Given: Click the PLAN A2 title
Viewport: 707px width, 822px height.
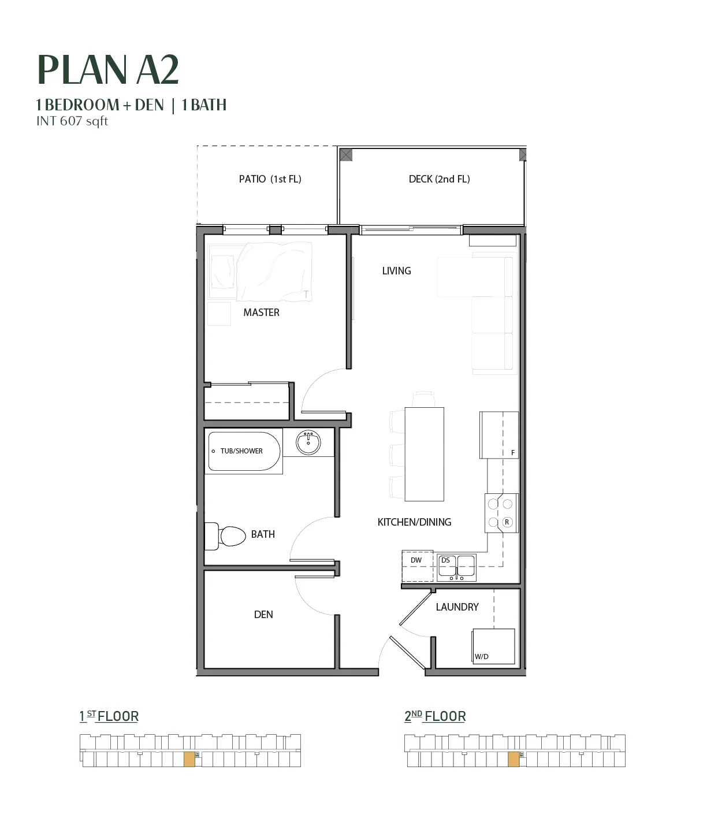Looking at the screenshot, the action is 108,70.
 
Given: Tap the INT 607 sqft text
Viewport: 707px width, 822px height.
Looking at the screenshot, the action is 72,121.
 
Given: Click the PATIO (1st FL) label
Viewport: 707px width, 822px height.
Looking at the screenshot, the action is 270,179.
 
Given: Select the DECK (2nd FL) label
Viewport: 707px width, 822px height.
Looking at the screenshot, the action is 440,179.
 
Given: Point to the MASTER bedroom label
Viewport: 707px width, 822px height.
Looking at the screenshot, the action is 261,313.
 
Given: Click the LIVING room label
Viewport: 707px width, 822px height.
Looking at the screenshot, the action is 396,271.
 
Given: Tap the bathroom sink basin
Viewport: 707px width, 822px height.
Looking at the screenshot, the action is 308,442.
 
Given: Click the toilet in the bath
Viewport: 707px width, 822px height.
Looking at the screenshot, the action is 225,536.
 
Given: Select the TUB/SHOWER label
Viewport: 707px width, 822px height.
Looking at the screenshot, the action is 241,451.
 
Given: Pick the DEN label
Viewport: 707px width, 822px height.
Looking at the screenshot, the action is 263,615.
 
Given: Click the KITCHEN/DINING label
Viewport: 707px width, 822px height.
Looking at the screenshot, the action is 414,522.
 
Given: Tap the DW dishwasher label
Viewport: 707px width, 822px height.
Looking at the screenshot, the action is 416,560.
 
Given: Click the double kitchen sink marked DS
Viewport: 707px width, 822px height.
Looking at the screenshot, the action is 456,567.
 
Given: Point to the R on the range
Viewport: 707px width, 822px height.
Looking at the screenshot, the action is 507,522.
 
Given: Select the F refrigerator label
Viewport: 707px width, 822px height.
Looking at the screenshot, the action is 513,452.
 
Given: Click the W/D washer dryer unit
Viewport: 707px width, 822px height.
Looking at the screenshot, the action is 493,646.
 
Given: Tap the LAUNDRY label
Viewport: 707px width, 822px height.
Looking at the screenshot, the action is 457,607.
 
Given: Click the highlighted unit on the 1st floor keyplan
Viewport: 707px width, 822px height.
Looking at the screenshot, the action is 189,760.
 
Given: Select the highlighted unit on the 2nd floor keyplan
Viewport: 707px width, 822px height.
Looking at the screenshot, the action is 513,760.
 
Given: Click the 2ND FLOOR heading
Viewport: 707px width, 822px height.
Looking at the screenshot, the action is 435,717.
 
